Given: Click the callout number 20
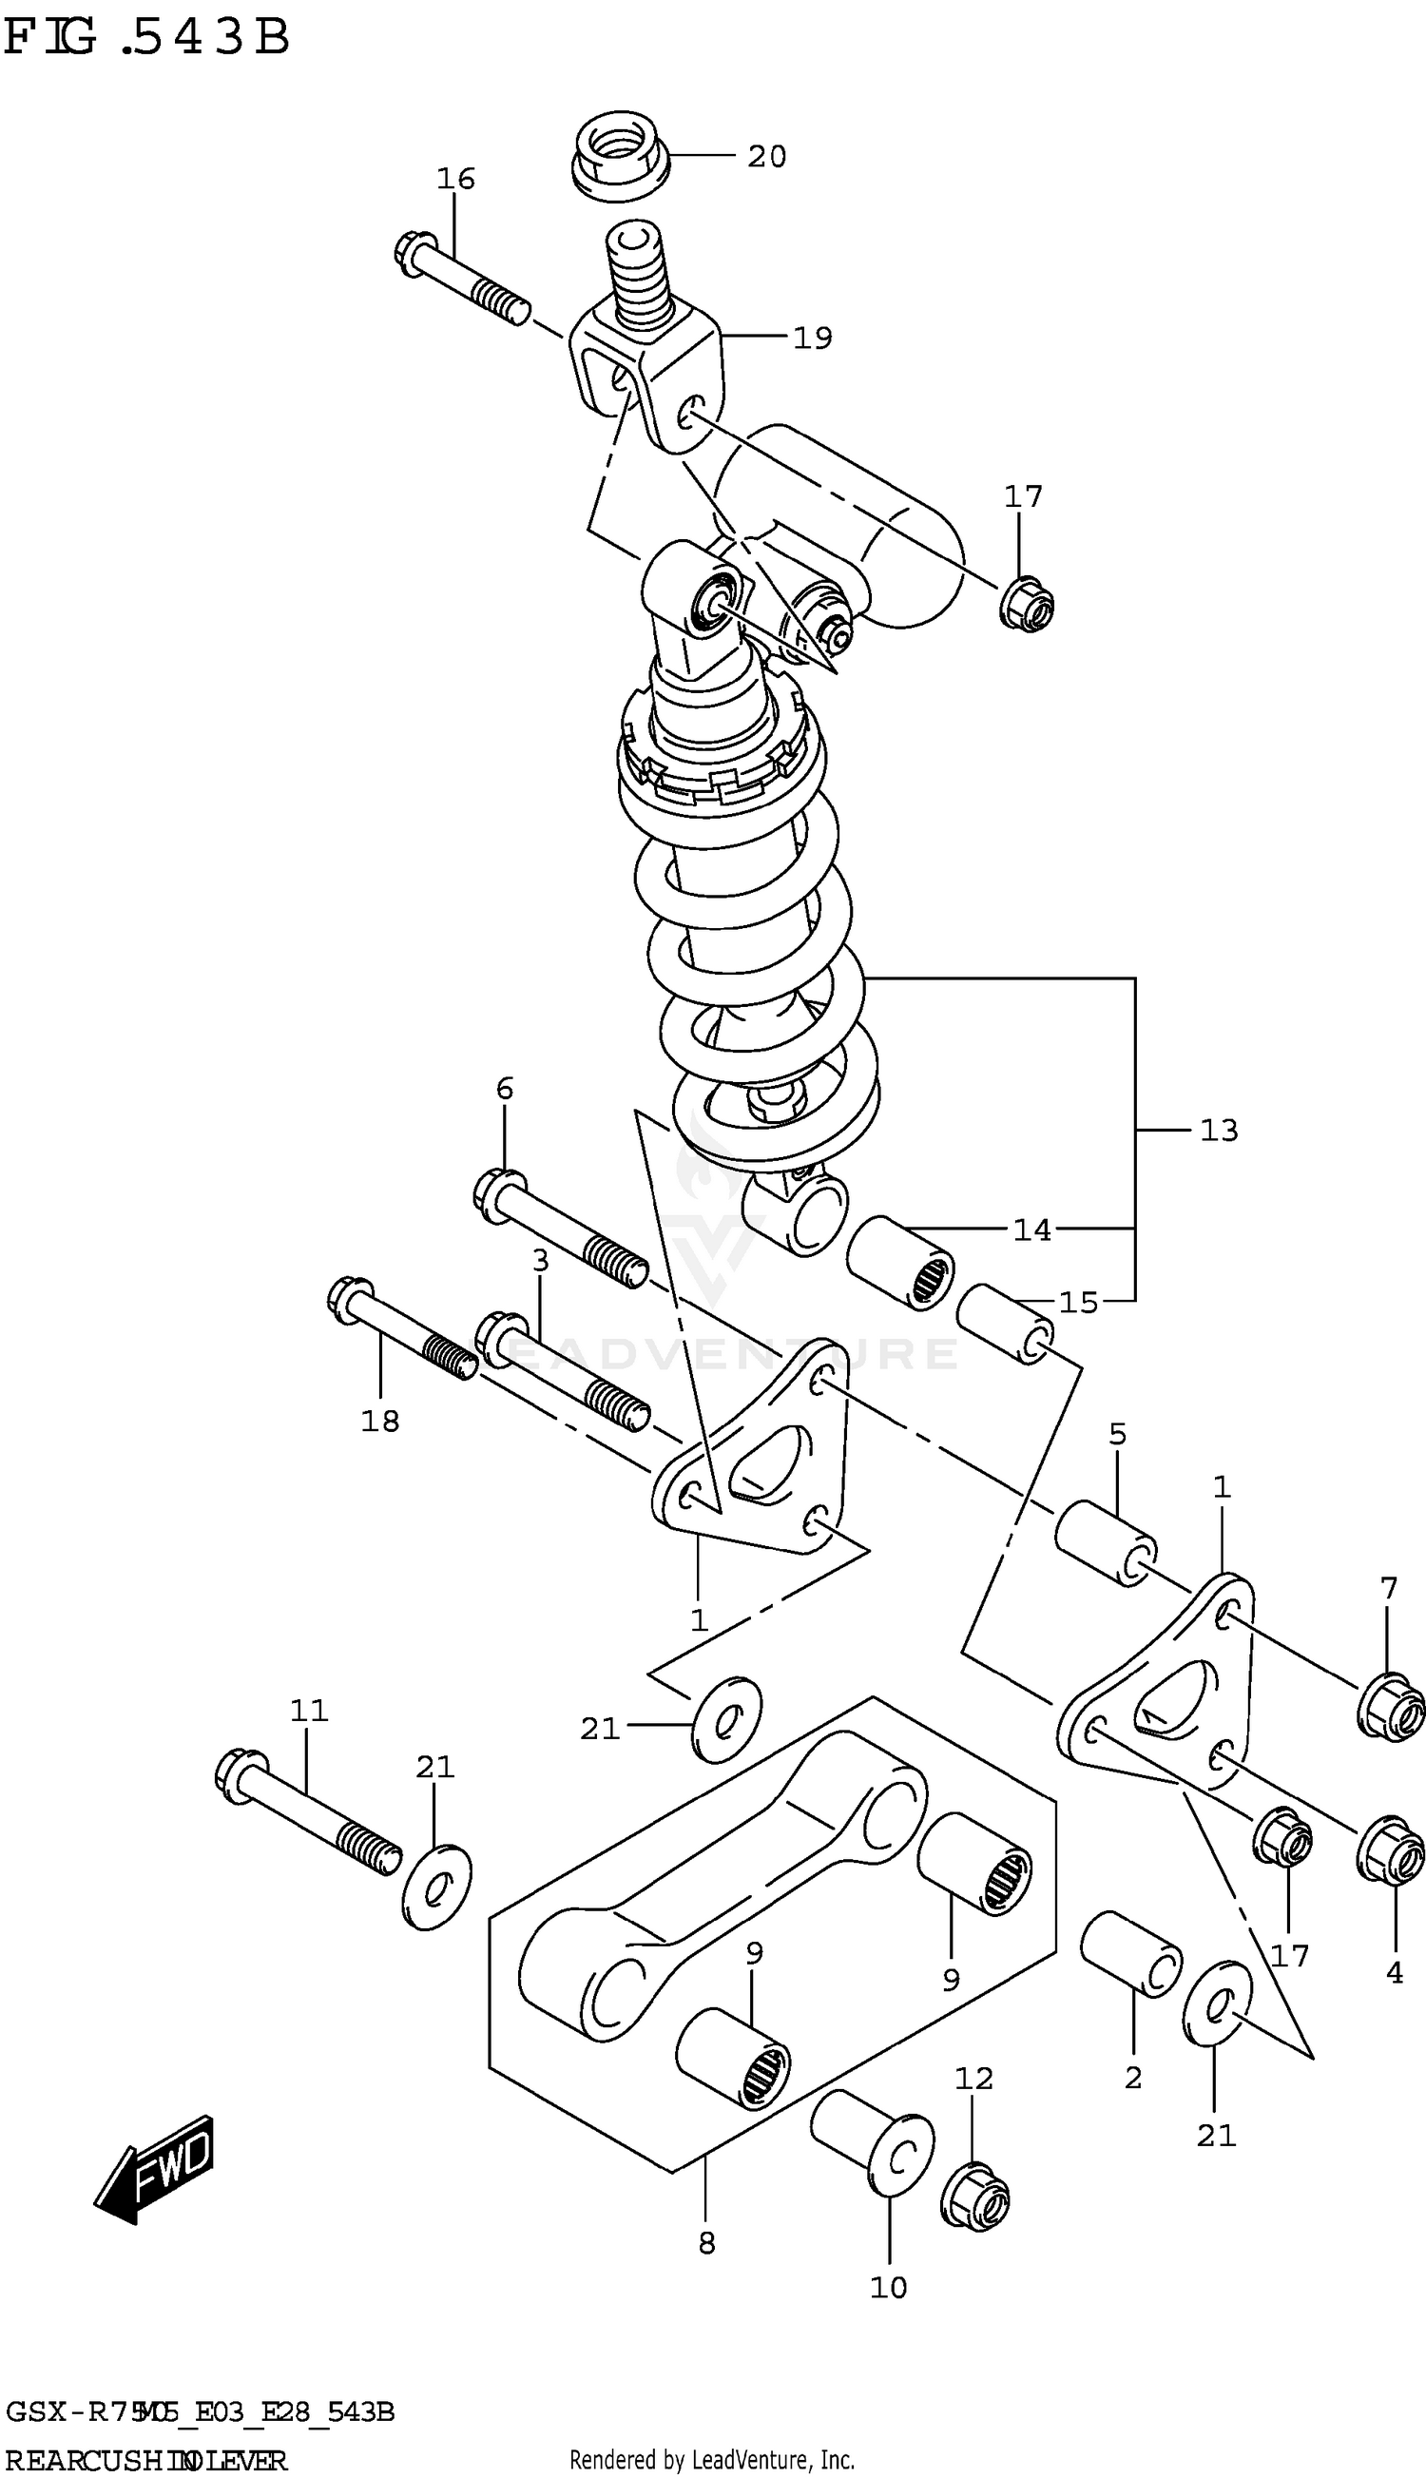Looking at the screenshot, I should click(x=767, y=157).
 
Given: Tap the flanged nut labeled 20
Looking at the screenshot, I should click(x=619, y=157).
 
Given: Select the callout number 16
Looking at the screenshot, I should click(x=455, y=178).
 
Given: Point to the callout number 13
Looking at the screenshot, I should click(x=1220, y=1132).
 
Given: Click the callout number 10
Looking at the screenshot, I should click(x=888, y=2288).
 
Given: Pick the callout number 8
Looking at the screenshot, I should click(x=707, y=2244).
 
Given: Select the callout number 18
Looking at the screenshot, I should click(x=380, y=1422).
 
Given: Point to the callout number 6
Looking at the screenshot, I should click(x=505, y=1088).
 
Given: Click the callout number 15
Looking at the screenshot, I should click(x=1078, y=1303).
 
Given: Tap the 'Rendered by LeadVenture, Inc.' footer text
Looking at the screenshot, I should click(x=712, y=2459).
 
